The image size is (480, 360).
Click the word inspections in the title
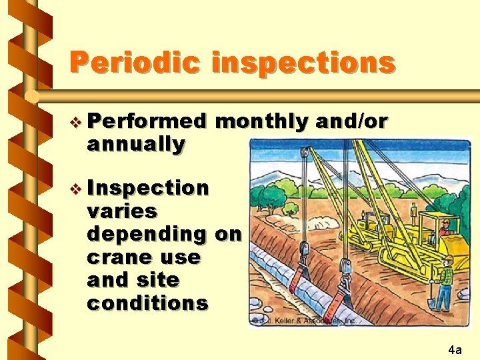tap(303, 63)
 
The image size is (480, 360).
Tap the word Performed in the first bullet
tap(147, 121)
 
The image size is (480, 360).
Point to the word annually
tap(136, 143)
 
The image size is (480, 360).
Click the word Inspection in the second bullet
tap(148, 188)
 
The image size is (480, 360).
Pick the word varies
tap(122, 211)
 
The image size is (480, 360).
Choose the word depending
tap(147, 234)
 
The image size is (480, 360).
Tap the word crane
tap(117, 257)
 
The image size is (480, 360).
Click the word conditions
tap(147, 303)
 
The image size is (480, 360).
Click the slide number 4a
tap(455, 349)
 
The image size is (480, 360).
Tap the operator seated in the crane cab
tap(443, 230)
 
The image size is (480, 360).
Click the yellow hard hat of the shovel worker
tap(448, 259)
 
